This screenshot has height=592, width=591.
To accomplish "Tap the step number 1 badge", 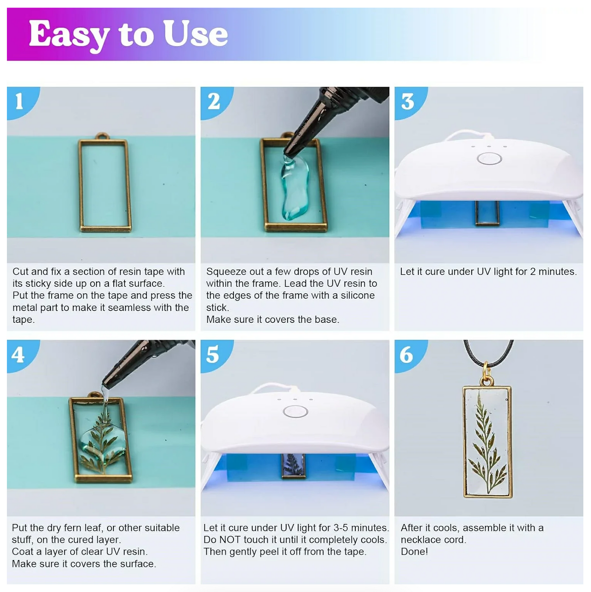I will click(19, 101).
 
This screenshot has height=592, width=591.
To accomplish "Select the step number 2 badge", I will click(213, 101).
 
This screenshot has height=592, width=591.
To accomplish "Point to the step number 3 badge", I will click(407, 101).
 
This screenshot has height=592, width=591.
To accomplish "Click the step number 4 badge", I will click(18, 354).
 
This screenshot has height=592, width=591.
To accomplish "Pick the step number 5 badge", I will click(212, 354).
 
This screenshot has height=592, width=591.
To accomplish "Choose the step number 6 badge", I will click(406, 355).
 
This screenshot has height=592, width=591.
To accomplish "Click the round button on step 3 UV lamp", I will click(489, 158).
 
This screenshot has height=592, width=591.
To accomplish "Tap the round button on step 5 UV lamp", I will click(295, 411).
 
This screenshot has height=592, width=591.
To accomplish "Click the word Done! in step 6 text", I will click(414, 551).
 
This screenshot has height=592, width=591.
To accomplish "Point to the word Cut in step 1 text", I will click(20, 272).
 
